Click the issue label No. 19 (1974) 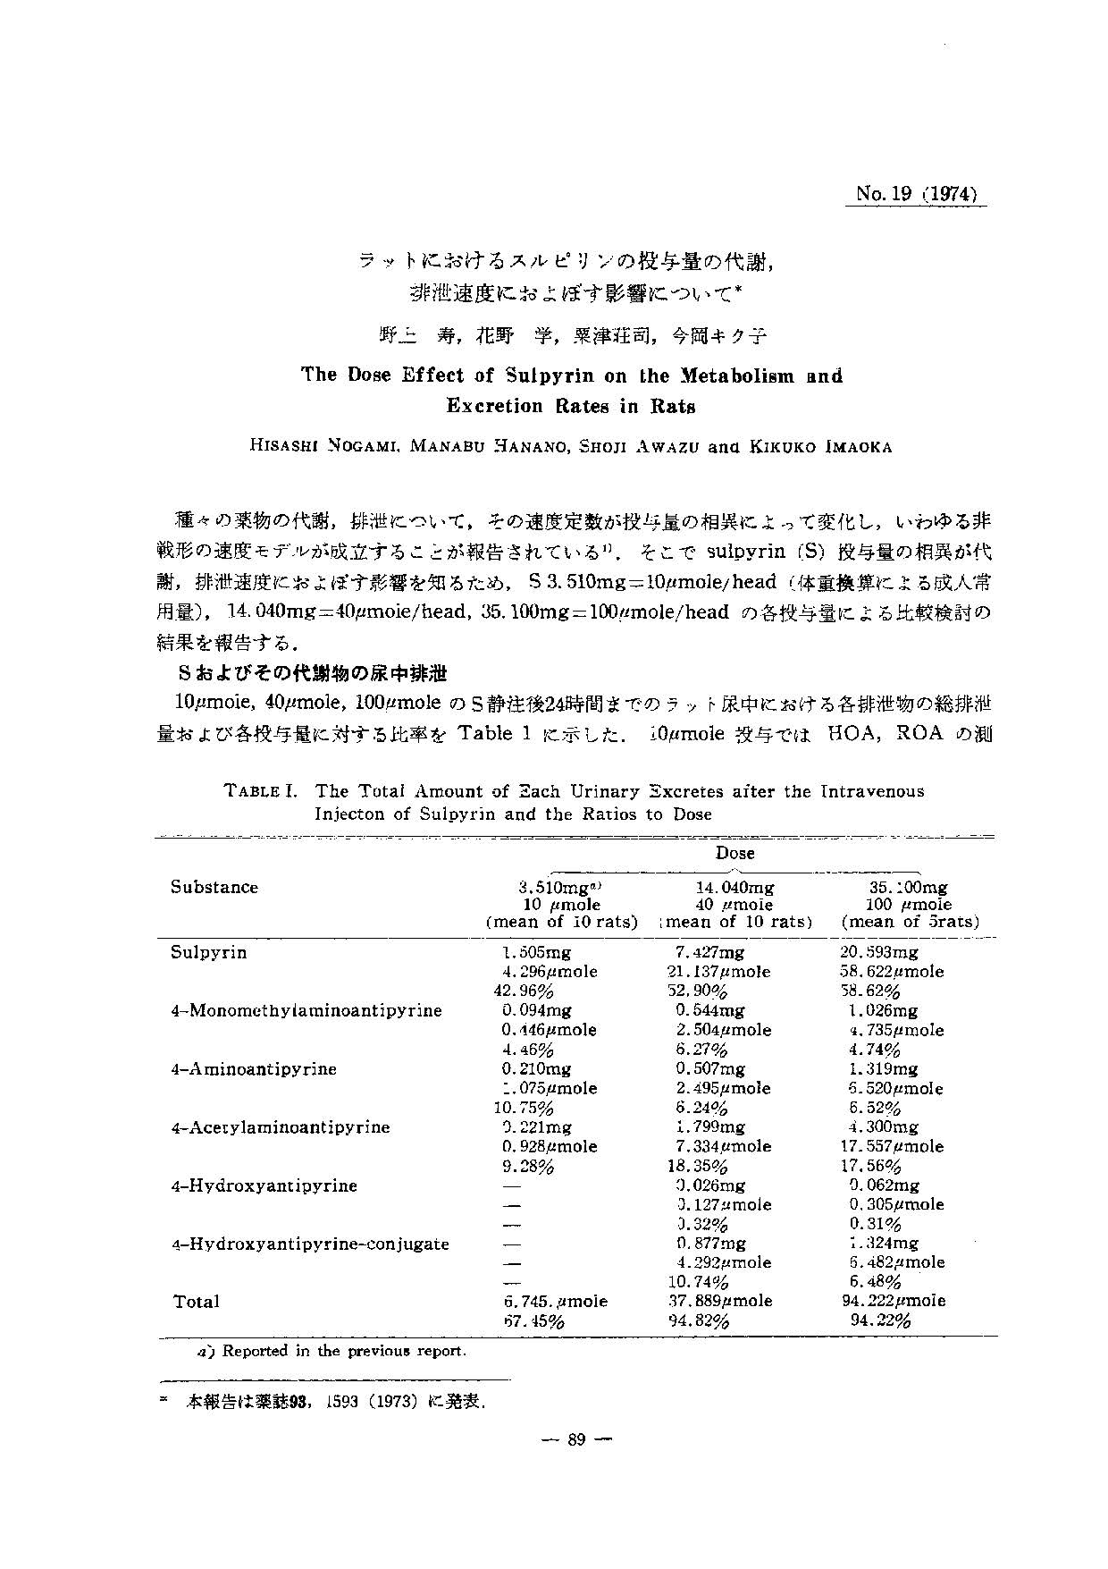pos(915,194)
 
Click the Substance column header pos(214,887)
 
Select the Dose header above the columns pos(734,853)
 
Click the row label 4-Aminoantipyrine pos(253,1069)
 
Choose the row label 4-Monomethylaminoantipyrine pos(306,1011)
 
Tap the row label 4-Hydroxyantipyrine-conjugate pos(309,1244)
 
